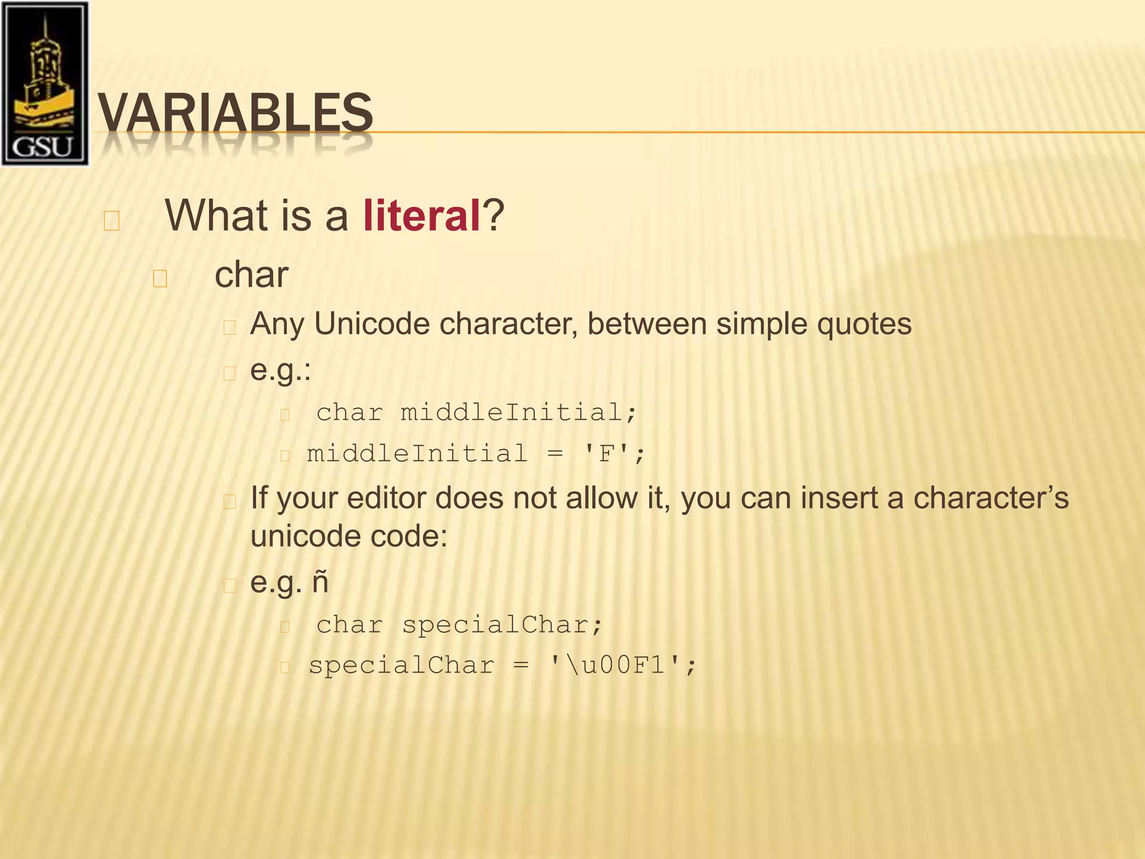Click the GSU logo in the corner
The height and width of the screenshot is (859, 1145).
(45, 84)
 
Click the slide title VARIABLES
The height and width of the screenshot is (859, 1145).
(235, 114)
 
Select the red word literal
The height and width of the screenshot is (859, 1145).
(422, 216)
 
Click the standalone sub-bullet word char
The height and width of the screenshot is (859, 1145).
(252, 275)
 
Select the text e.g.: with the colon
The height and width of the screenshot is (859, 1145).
(280, 370)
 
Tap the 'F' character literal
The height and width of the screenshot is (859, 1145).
(607, 453)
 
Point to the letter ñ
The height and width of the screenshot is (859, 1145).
(320, 582)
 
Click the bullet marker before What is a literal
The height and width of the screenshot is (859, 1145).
(111, 220)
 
